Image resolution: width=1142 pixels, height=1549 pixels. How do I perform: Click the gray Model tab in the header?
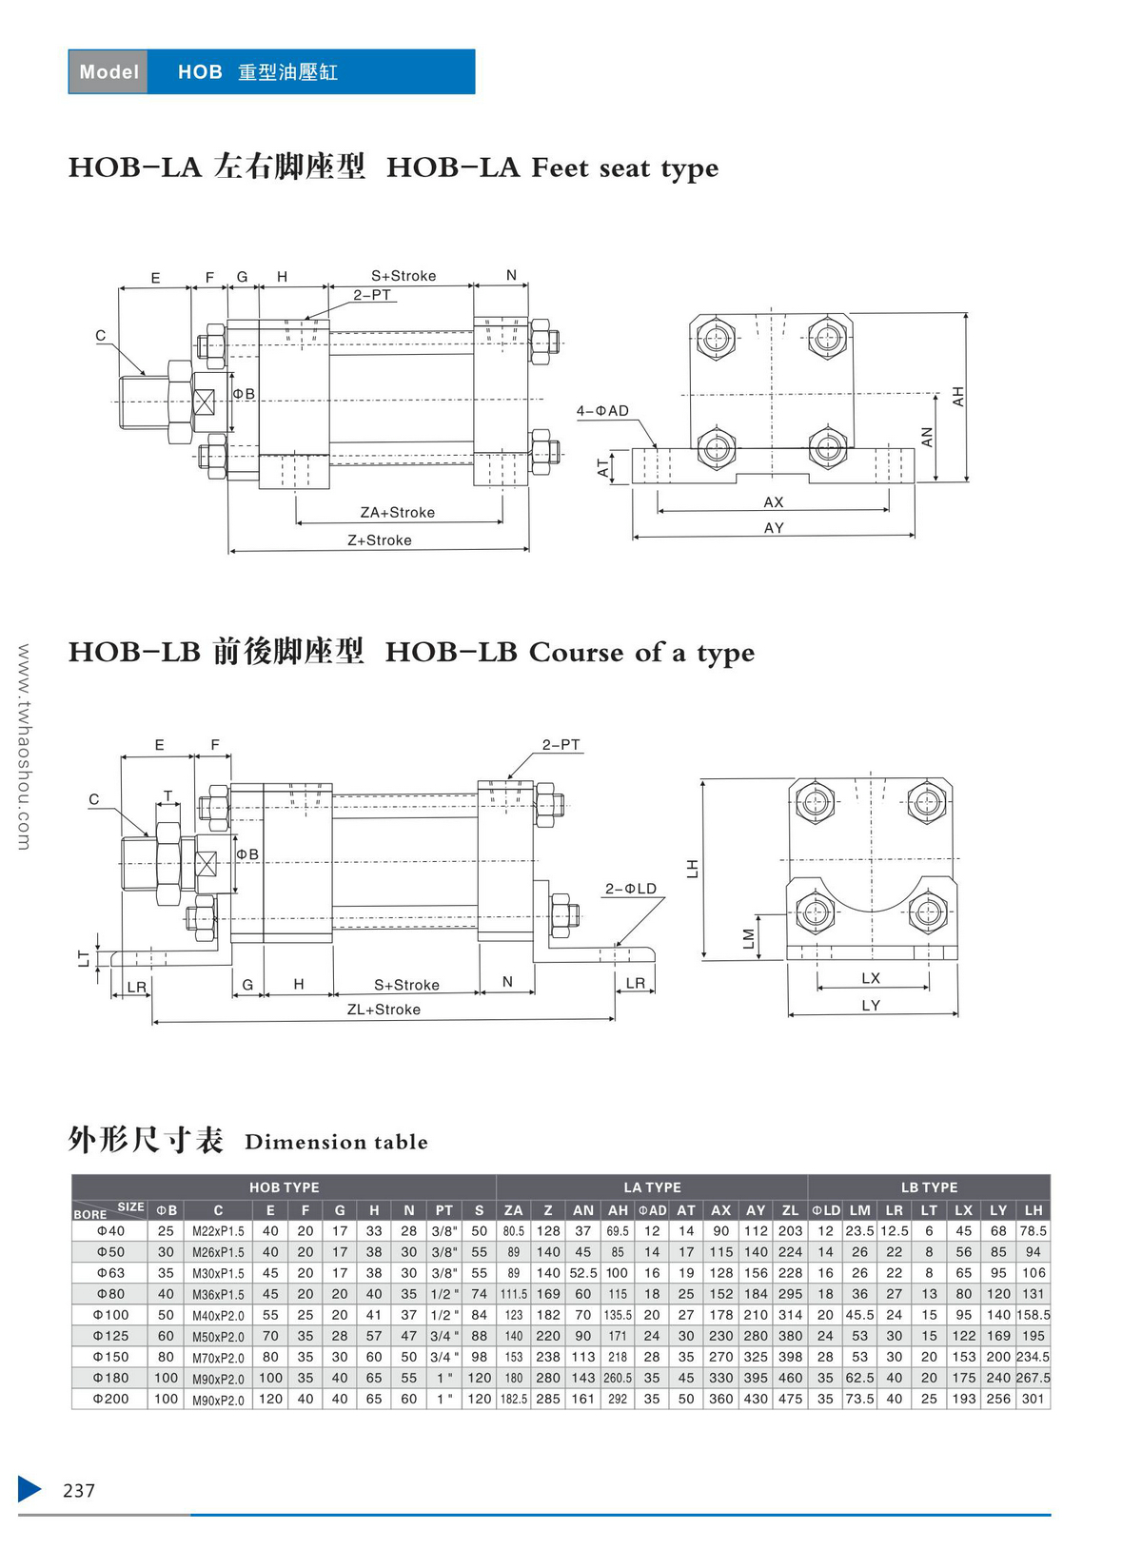pyautogui.click(x=108, y=72)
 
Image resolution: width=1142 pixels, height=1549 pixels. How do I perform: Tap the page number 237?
pyautogui.click(x=79, y=1491)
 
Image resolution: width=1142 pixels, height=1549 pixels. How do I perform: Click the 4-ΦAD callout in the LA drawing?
pyautogui.click(x=602, y=411)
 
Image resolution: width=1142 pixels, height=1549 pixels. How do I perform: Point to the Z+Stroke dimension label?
pyautogui.click(x=380, y=540)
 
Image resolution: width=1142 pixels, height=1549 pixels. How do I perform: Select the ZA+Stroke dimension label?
pyautogui.click(x=398, y=513)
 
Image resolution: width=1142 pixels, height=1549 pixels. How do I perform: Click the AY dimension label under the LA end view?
pyautogui.click(x=774, y=528)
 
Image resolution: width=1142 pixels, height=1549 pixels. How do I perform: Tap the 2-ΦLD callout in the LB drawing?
pyautogui.click(x=631, y=889)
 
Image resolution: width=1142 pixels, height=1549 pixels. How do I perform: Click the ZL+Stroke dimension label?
pyautogui.click(x=384, y=1010)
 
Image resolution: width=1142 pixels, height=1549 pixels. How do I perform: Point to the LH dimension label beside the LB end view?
pyautogui.click(x=693, y=869)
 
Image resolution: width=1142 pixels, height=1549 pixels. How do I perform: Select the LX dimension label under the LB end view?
pyautogui.click(x=871, y=978)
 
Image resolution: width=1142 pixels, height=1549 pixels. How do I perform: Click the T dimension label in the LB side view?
pyautogui.click(x=168, y=796)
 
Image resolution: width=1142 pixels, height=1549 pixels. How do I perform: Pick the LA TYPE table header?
pyautogui.click(x=652, y=1187)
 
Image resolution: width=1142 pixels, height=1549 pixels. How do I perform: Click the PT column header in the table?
pyautogui.click(x=444, y=1210)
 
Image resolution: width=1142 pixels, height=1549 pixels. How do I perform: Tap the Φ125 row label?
pyautogui.click(x=110, y=1336)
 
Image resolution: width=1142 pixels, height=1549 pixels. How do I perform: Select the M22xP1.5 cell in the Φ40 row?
pyautogui.click(x=218, y=1231)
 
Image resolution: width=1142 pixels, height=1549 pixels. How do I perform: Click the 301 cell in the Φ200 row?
pyautogui.click(x=1034, y=1399)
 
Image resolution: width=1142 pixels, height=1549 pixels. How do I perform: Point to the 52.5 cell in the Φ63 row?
pyautogui.click(x=583, y=1273)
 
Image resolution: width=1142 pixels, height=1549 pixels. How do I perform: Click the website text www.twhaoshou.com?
pyautogui.click(x=24, y=747)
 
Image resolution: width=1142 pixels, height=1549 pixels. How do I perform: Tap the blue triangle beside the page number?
pyautogui.click(x=30, y=1489)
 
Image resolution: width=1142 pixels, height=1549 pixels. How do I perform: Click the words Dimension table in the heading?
pyautogui.click(x=336, y=1142)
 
